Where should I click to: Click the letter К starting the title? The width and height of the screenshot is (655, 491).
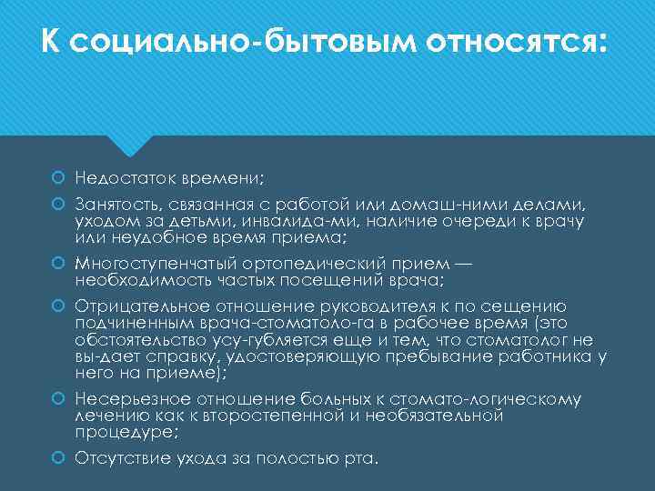pyautogui.click(x=52, y=42)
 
